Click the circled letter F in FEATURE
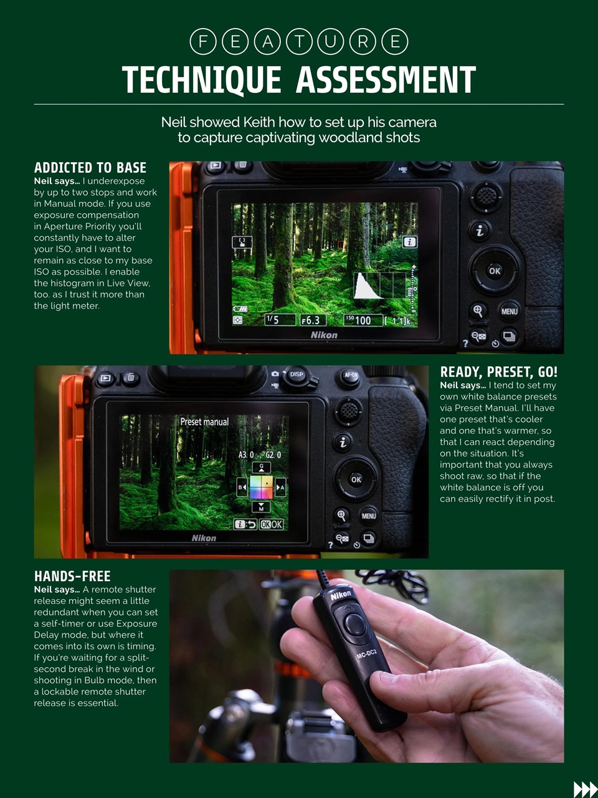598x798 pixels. coord(202,42)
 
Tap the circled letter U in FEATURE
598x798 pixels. coord(331,42)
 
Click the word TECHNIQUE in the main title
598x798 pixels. coord(201,80)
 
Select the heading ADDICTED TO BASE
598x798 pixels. coord(90,168)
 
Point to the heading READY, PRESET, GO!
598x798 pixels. coord(498,372)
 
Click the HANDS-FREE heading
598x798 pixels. coord(72,576)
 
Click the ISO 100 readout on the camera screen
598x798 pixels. coord(359,320)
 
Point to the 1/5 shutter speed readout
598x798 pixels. coord(273,319)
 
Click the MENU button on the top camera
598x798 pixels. coord(509,311)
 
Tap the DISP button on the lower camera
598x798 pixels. coord(297,375)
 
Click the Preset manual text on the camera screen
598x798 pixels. coord(204,422)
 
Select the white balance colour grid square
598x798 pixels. coord(261,487)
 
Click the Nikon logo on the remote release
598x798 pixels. coord(341,596)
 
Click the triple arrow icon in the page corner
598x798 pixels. coord(584,789)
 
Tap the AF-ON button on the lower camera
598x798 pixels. coord(351,375)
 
